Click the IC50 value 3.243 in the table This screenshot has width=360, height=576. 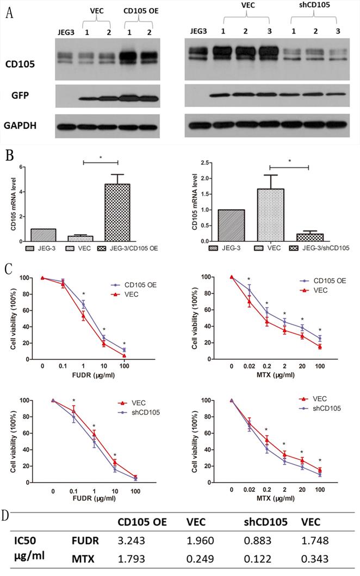point(132,544)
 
